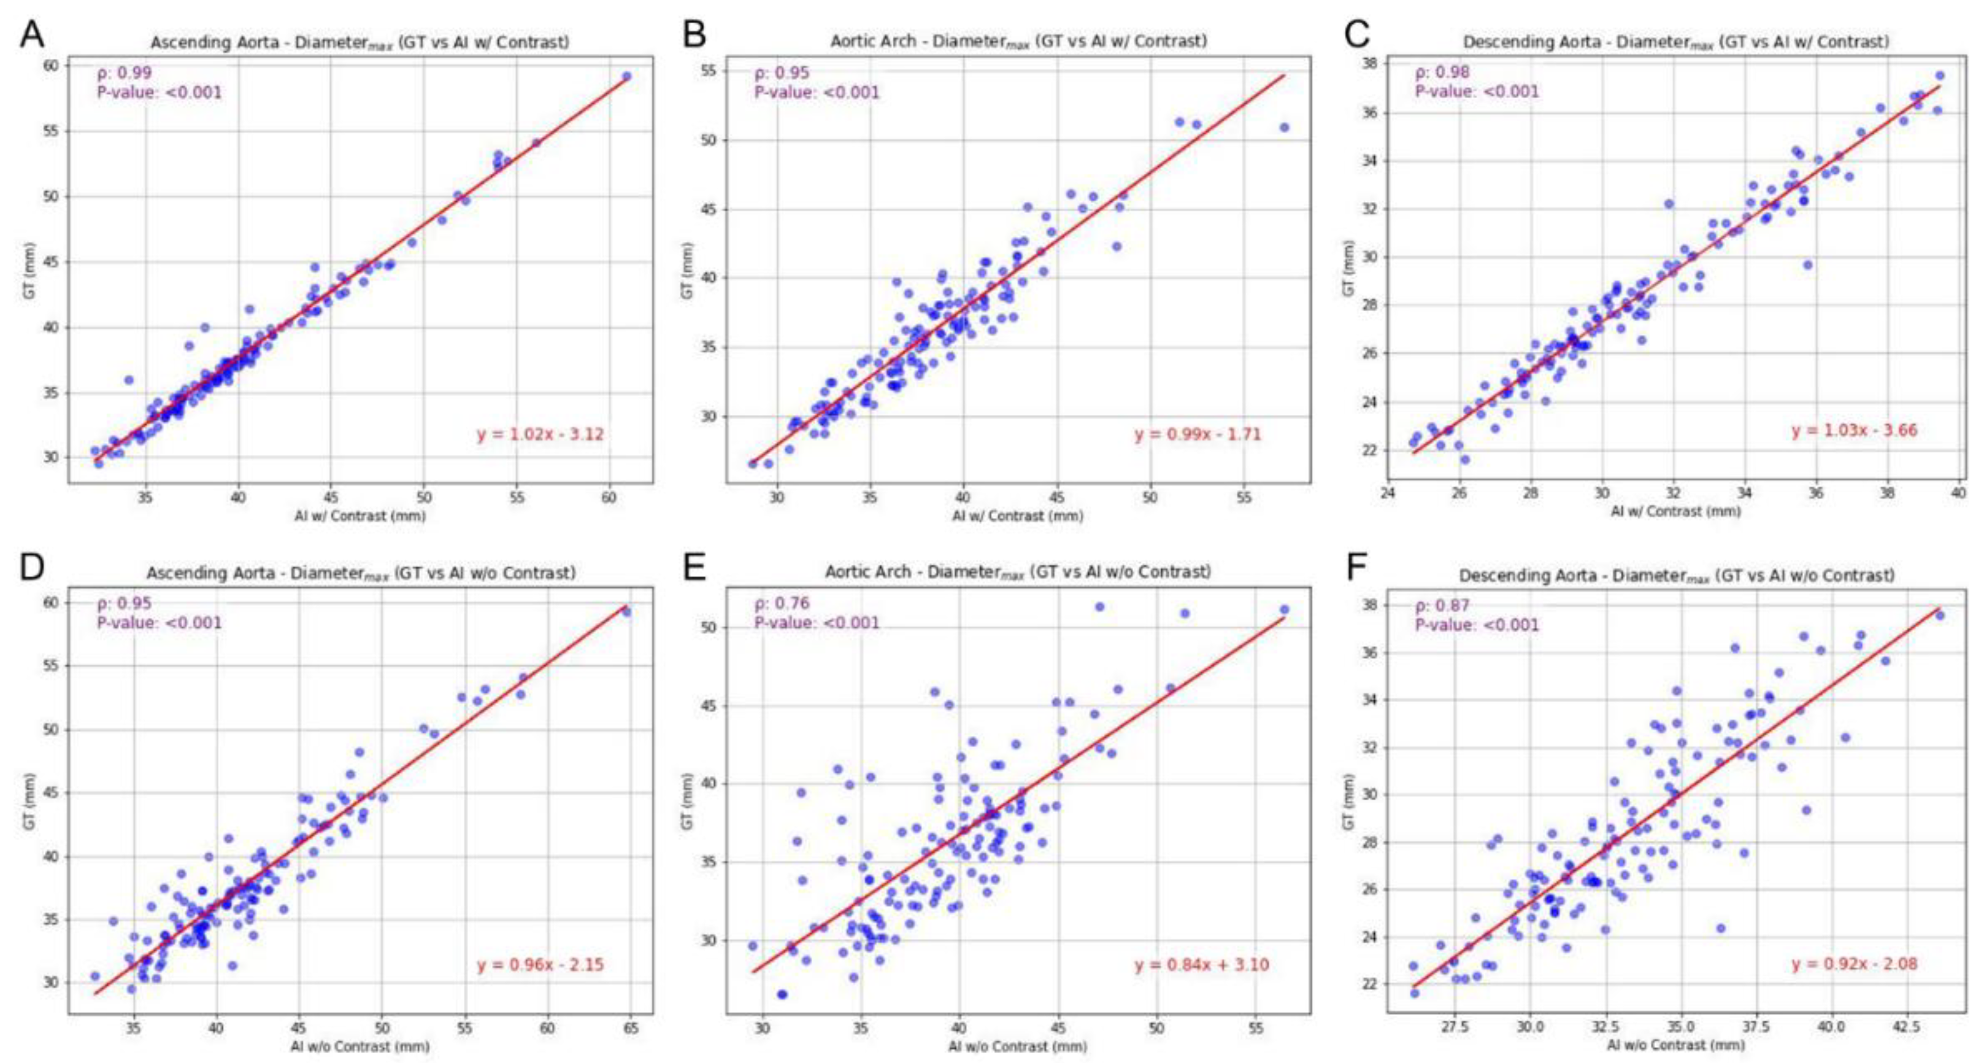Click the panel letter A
pyautogui.click(x=31, y=33)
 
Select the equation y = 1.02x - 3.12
pyautogui.click(x=540, y=435)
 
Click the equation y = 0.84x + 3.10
pyautogui.click(x=1201, y=964)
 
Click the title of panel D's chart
pyautogui.click(x=361, y=573)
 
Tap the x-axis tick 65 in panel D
pyautogui.click(x=631, y=1029)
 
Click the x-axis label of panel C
pyautogui.click(x=1675, y=511)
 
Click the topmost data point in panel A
pyautogui.click(x=626, y=76)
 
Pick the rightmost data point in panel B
pyautogui.click(x=1284, y=127)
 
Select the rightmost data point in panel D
pyautogui.click(x=626, y=612)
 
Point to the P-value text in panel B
pyautogui.click(x=817, y=93)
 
